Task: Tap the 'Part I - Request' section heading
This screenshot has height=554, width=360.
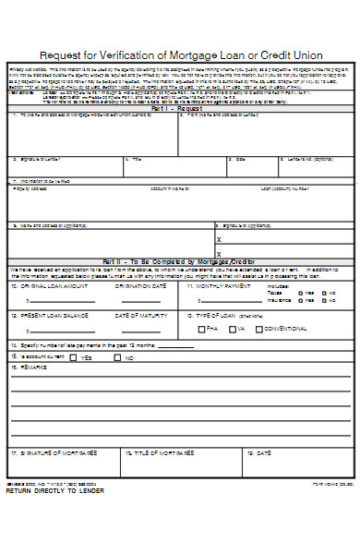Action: tap(181, 106)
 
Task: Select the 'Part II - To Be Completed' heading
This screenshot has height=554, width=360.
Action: tap(181, 262)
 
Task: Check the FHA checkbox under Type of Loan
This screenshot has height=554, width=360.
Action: tap(203, 329)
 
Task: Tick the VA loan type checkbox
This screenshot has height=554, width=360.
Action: tap(233, 329)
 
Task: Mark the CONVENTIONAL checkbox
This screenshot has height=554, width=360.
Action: tap(258, 329)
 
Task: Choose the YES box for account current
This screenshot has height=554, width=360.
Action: tap(75, 357)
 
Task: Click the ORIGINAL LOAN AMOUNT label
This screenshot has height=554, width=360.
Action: tap(54, 286)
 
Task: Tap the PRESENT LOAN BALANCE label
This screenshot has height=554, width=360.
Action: tap(54, 316)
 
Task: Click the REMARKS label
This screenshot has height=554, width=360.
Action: tap(33, 367)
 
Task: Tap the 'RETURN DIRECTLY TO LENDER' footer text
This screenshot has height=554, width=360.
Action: tap(55, 491)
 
